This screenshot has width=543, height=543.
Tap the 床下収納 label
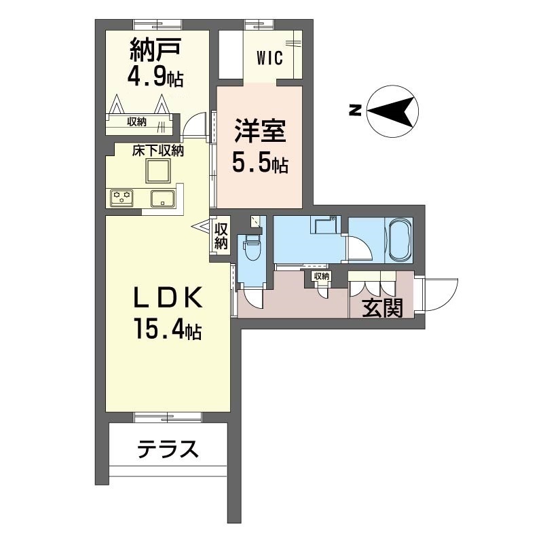[x=158, y=151]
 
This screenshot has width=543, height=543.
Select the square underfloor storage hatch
[x=159, y=172]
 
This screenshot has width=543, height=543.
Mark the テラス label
[x=168, y=449]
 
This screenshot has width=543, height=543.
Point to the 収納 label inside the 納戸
[x=136, y=122]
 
